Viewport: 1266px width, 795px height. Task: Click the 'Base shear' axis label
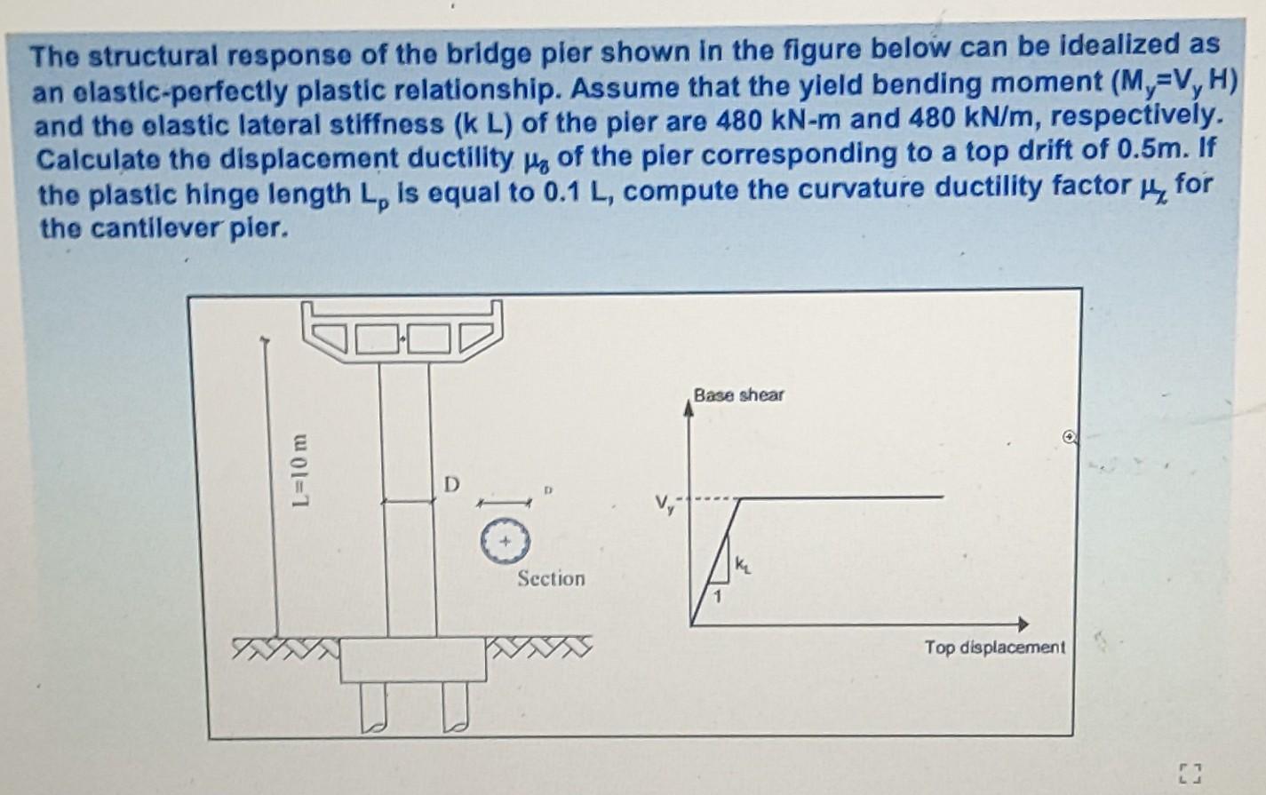(x=738, y=395)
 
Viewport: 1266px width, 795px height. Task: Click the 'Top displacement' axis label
(x=993, y=648)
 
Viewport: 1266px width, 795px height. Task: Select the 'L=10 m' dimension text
(x=301, y=470)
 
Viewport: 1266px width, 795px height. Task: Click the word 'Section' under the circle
(x=551, y=579)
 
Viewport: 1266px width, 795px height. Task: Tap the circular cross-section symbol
(x=505, y=540)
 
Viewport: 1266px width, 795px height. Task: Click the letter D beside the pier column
(x=452, y=485)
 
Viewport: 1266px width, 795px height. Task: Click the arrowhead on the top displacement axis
(x=1023, y=624)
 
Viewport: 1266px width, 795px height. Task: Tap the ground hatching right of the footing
(x=538, y=646)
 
